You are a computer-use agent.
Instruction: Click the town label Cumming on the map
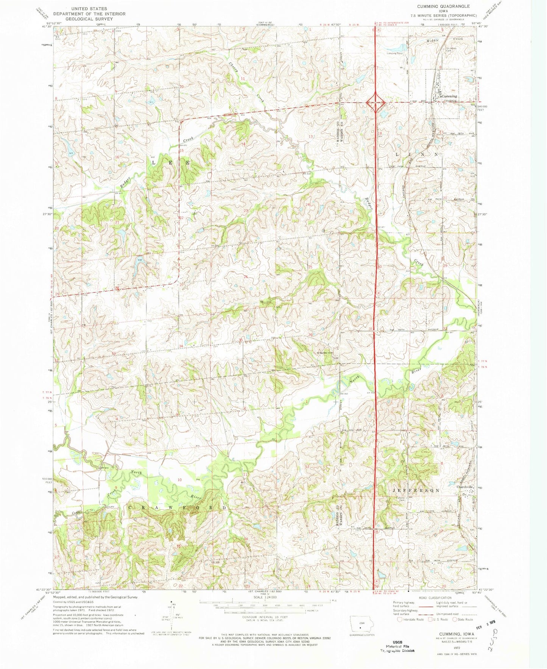point(447,96)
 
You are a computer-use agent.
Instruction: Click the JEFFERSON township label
point(416,490)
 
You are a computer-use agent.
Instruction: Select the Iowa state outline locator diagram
point(359,624)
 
